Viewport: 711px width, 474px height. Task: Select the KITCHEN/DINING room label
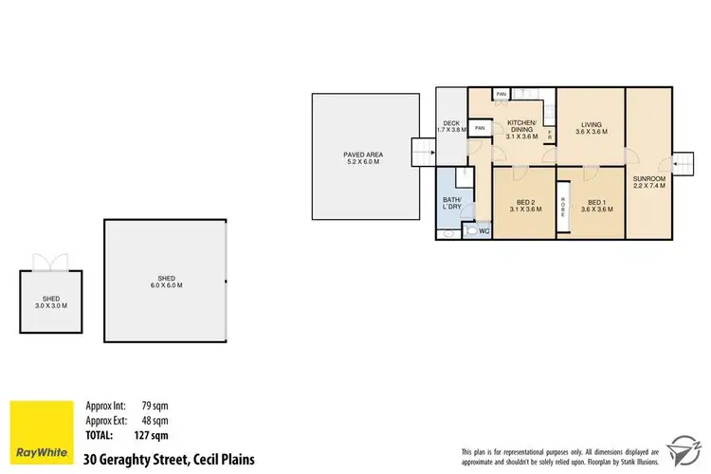(522, 130)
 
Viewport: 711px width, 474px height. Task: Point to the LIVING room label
(592, 128)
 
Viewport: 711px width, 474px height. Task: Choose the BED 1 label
(595, 205)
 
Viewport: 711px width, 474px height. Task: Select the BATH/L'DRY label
(451, 203)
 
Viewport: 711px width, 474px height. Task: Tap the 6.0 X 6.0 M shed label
(164, 280)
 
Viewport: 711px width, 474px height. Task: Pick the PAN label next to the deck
(480, 128)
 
